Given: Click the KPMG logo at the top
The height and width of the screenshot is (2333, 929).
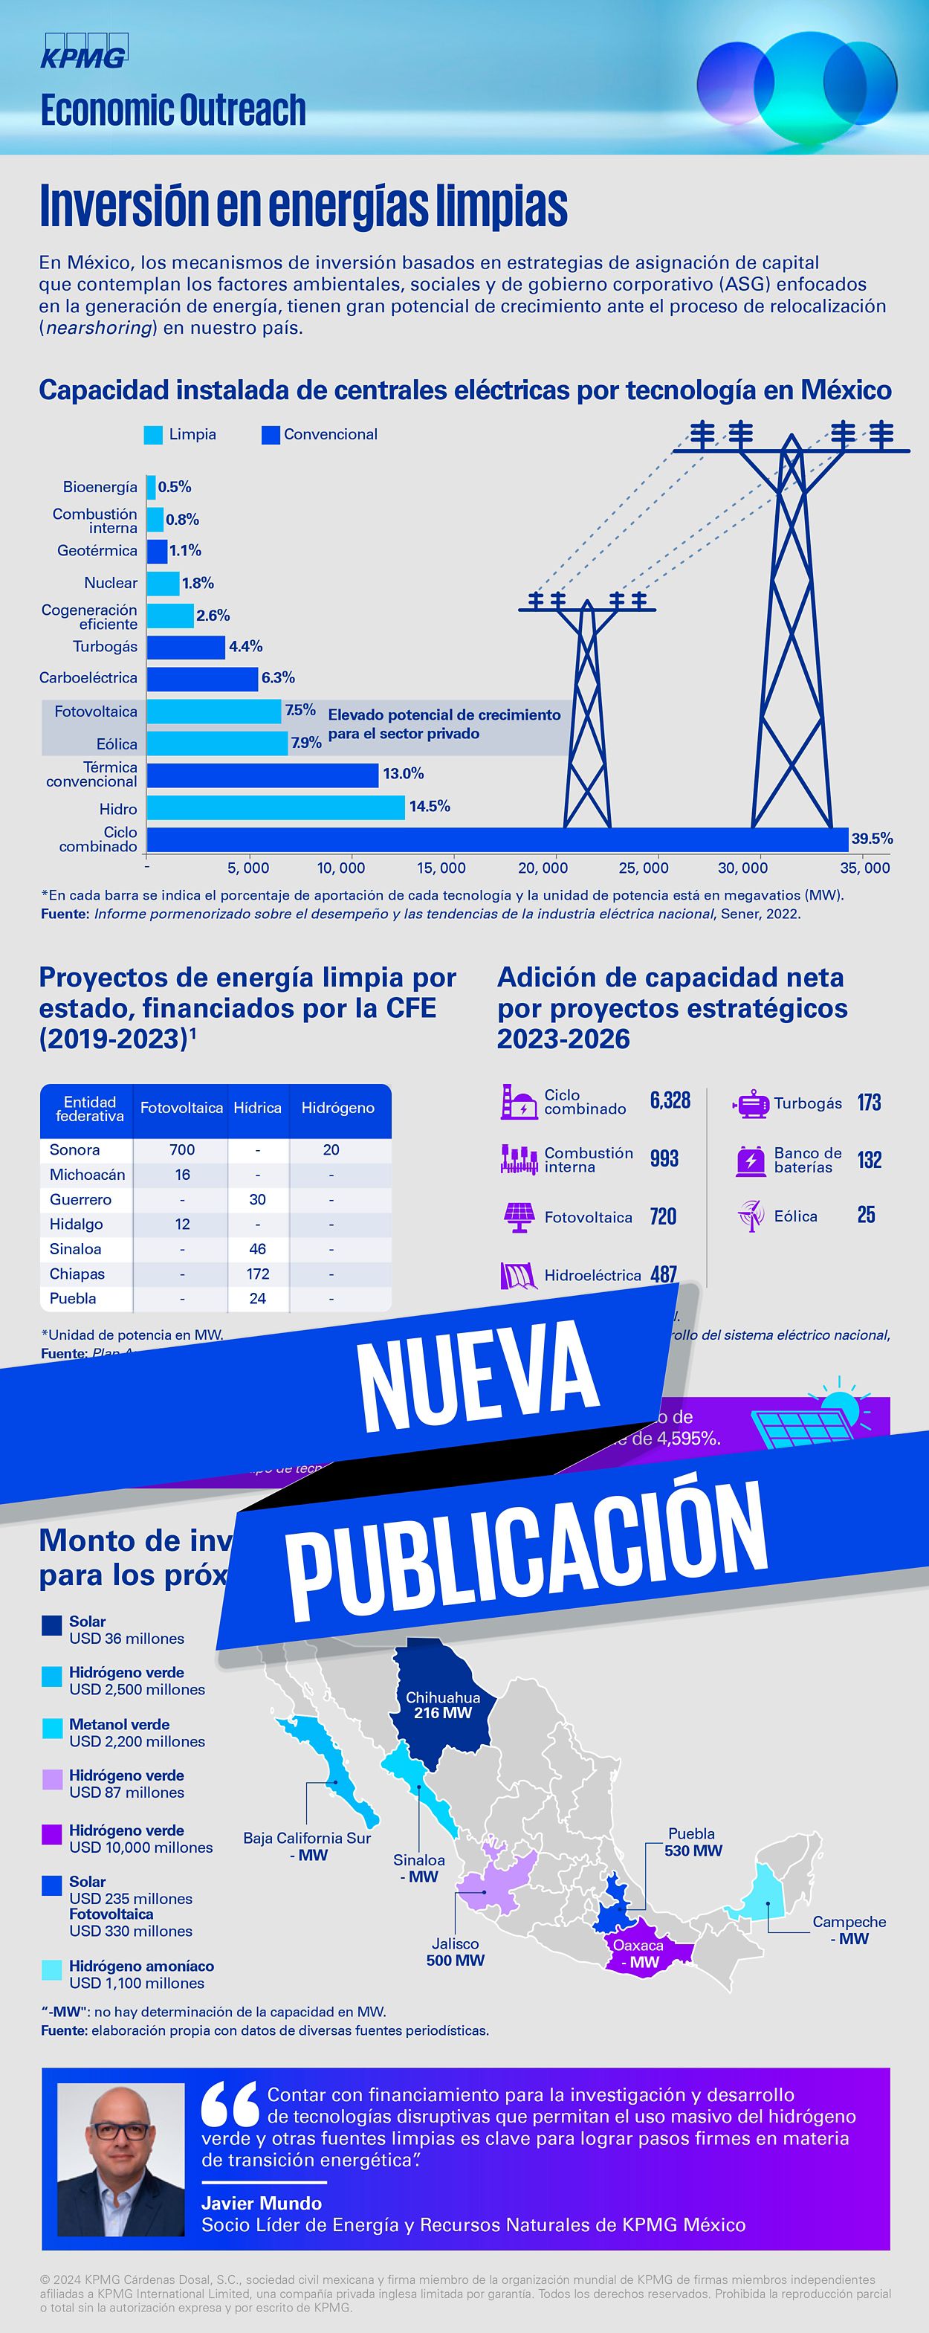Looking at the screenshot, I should [x=84, y=51].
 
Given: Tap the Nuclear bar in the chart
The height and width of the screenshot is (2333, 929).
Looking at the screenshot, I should [x=163, y=583].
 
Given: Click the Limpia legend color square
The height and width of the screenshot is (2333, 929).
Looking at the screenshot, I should [x=153, y=435].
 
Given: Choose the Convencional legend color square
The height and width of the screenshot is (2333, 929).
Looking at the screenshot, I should [x=270, y=435].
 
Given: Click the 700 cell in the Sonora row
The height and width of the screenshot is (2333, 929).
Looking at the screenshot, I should [x=182, y=1149].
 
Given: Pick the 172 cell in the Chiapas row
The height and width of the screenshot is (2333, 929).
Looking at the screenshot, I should [x=257, y=1274].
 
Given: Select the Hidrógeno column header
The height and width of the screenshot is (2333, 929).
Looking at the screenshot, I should [x=337, y=1108].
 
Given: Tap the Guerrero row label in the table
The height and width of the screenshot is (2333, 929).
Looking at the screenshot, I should [x=80, y=1199].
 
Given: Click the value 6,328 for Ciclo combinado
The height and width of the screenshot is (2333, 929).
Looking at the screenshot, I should [x=670, y=1100].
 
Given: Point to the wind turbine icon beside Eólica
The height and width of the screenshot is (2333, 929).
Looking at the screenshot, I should [x=751, y=1216].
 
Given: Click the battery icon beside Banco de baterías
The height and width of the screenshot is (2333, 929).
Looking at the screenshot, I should [x=751, y=1160].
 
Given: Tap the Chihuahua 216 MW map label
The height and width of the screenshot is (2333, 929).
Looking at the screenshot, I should [x=443, y=1706].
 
